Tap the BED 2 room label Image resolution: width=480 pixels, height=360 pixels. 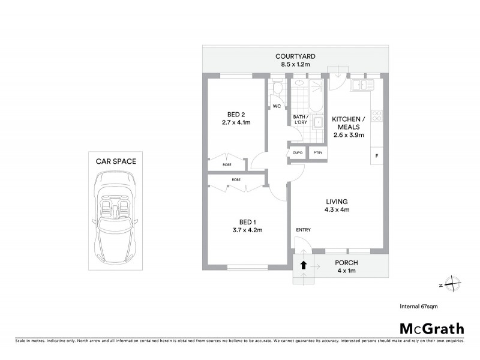pyautogui.click(x=236, y=114)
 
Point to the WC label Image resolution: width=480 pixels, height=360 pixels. pyautogui.click(x=277, y=106)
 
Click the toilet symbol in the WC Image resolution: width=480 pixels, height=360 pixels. pyautogui.click(x=277, y=89)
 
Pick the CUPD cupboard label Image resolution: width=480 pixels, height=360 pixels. pyautogui.click(x=298, y=153)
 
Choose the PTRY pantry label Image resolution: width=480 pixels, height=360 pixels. pyautogui.click(x=317, y=153)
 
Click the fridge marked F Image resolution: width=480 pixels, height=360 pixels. pyautogui.click(x=377, y=157)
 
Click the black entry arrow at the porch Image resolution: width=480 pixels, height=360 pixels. pyautogui.click(x=304, y=264)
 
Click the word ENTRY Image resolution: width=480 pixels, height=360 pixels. pyautogui.click(x=303, y=230)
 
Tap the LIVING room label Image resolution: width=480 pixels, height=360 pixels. pyautogui.click(x=337, y=202)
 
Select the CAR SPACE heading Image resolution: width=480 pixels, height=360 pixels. pyautogui.click(x=116, y=161)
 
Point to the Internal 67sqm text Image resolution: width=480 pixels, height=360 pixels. pyautogui.click(x=419, y=307)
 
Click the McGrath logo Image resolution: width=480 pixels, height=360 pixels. pyautogui.click(x=432, y=328)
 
